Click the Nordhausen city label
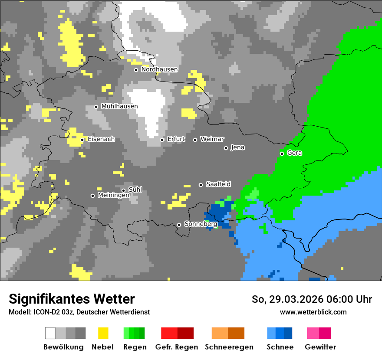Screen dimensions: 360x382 [x=159, y=69]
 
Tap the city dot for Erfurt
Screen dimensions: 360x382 [x=162, y=140]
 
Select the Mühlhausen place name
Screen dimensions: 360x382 [x=119, y=106]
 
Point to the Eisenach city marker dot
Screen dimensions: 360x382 [x=82, y=140]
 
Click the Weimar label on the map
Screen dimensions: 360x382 [x=212, y=139]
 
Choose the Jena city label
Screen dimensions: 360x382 [x=237, y=147]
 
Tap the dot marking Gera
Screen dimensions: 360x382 [x=282, y=154]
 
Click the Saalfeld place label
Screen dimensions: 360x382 [x=218, y=184]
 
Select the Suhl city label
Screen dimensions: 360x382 [x=135, y=190]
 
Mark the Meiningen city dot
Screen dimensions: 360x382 [x=92, y=196]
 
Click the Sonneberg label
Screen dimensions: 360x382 [x=201, y=224]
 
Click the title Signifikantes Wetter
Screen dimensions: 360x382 [x=72, y=299]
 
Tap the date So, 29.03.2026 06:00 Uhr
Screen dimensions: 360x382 [x=312, y=299]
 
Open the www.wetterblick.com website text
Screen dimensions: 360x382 [x=313, y=312]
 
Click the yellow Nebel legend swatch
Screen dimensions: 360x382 [x=103, y=333]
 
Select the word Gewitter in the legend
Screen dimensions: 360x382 [x=320, y=347]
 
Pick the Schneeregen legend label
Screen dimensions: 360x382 [x=229, y=347]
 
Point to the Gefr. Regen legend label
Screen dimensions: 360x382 [x=177, y=347]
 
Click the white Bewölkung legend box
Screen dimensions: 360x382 [x=50, y=333]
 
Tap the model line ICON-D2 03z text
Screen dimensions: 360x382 [x=79, y=312]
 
